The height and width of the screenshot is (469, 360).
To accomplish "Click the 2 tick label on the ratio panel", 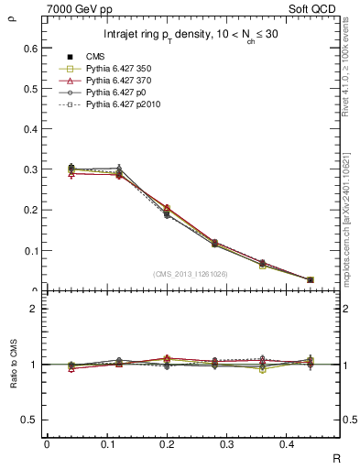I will pyautogui.click(x=34, y=309).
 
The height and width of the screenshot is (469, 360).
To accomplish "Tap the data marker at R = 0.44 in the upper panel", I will pyautogui.click(x=311, y=279).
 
